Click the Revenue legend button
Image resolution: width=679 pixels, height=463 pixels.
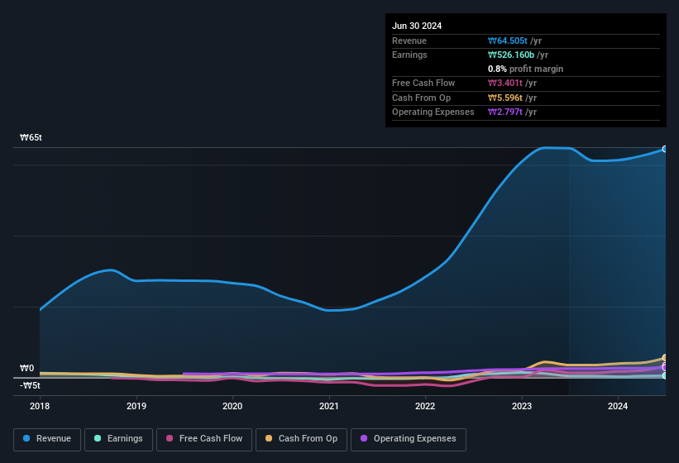pos(47,439)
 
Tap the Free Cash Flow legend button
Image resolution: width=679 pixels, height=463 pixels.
pos(204,439)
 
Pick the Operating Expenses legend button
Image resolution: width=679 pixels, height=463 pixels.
pos(409,439)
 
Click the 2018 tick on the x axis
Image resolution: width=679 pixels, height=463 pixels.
pos(40,406)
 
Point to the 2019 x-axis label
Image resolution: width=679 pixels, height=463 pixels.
pos(136,406)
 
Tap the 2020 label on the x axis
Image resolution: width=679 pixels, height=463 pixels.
pos(232,406)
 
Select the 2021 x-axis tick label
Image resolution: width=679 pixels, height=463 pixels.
pos(329,406)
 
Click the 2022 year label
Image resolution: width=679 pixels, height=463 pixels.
pos(425,406)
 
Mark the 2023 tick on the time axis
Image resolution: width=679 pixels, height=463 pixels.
pos(522,406)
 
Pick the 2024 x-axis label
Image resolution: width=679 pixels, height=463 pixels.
pos(618,406)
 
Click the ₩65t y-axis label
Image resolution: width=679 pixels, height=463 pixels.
pos(31,138)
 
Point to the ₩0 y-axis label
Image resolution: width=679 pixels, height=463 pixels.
pos(27,369)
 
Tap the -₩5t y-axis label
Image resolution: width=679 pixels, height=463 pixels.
pos(30,385)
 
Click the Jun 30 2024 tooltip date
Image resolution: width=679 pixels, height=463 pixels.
pos(417,26)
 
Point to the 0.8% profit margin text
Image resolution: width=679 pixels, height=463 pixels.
pos(525,69)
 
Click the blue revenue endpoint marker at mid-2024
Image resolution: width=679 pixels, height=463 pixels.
pos(664,149)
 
